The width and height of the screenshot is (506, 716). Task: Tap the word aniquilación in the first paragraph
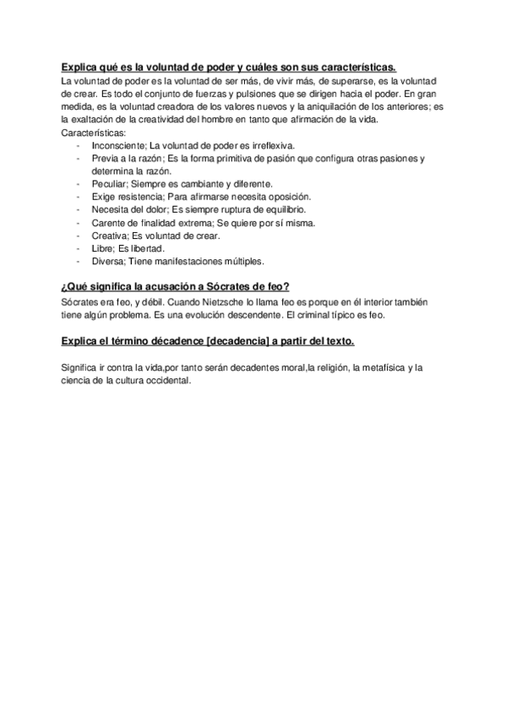pos(327,106)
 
